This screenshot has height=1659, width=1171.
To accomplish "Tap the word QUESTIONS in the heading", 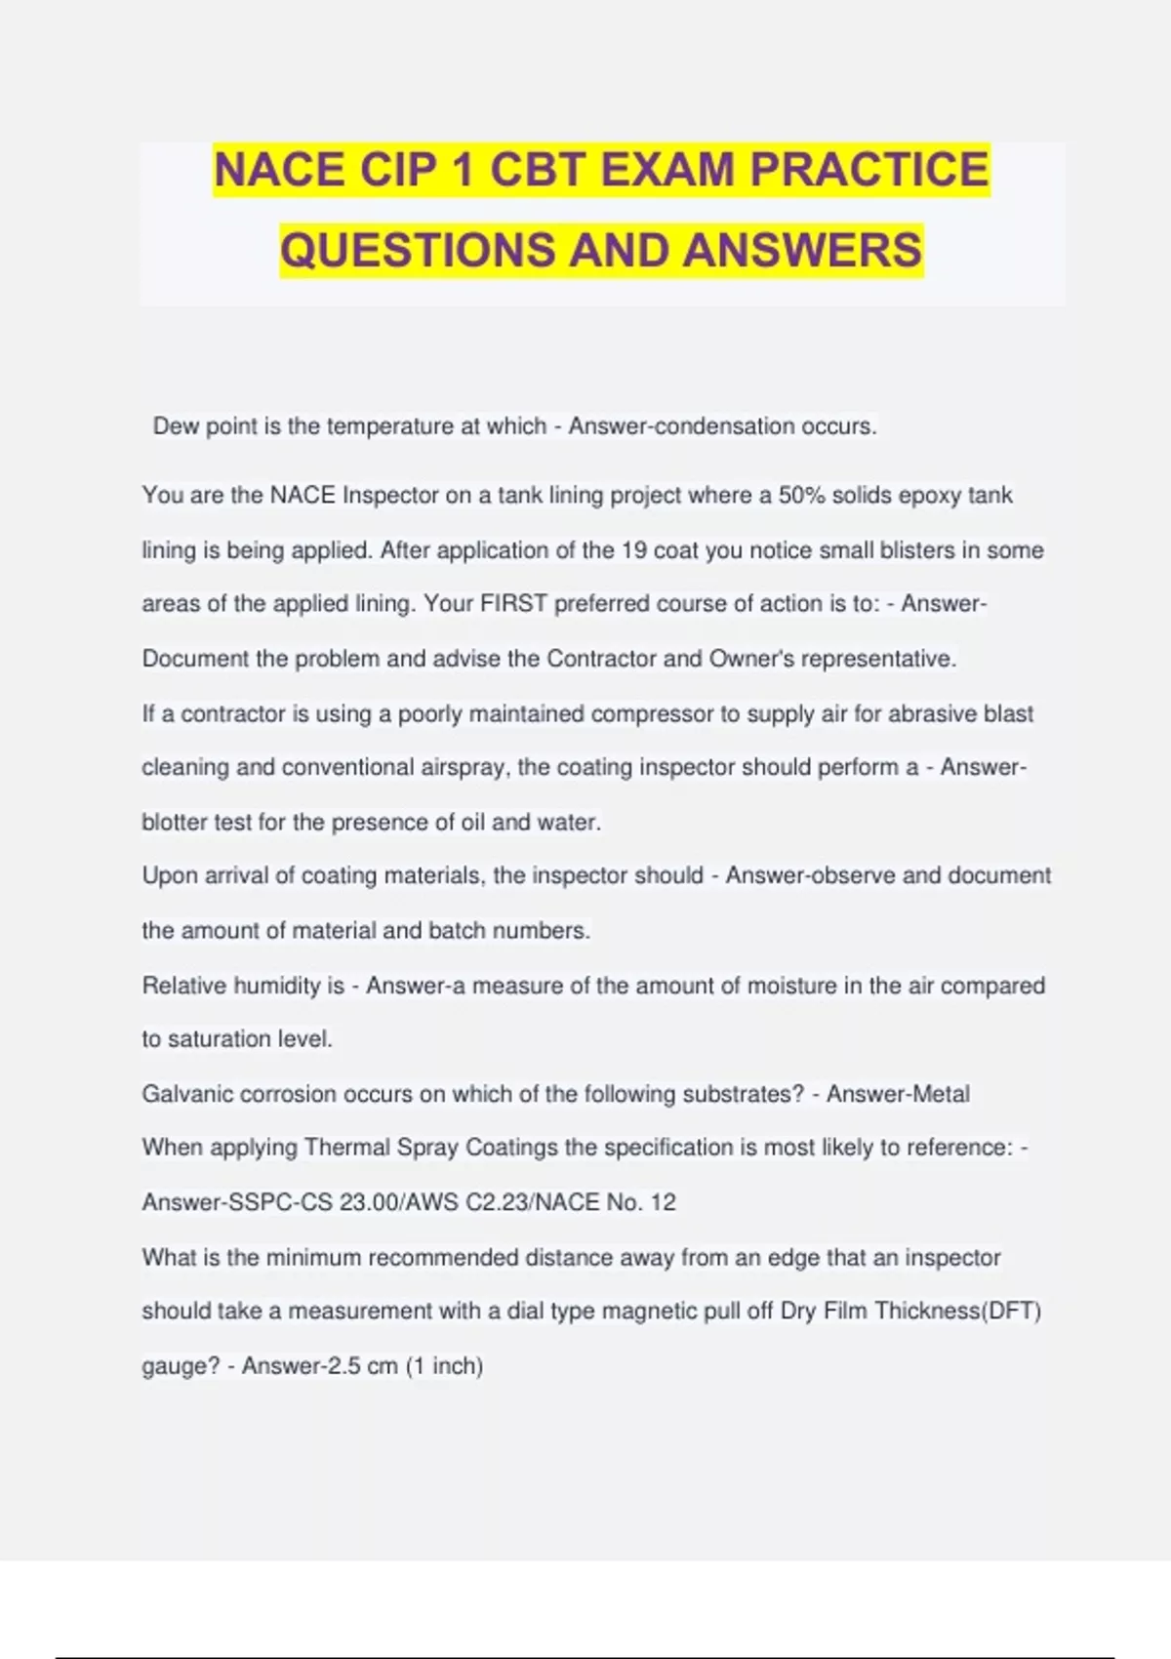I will click(417, 250).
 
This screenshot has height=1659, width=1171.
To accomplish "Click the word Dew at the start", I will click(176, 426).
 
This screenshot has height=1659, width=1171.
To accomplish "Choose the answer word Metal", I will click(938, 1094).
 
